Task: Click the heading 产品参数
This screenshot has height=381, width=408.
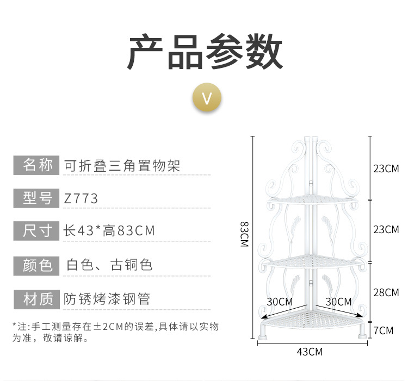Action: [x=205, y=53]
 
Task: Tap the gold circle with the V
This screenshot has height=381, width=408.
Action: [x=207, y=98]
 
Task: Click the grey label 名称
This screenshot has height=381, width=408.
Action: [x=36, y=165]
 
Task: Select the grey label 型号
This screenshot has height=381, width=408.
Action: [x=36, y=198]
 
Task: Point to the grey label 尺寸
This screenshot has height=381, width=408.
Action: [x=36, y=231]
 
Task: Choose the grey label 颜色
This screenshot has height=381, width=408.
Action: [x=36, y=265]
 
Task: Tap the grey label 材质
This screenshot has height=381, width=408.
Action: [x=36, y=298]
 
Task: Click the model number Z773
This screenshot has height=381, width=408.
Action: [x=81, y=199]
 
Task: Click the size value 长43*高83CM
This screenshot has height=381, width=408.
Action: [x=109, y=231]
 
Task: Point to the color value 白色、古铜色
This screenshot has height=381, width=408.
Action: [x=109, y=265]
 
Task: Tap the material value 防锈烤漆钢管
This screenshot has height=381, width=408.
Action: [x=107, y=298]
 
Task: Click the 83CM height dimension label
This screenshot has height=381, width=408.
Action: [x=244, y=234]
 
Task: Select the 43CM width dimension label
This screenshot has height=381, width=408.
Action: [x=310, y=352]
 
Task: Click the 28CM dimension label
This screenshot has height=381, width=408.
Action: [x=386, y=293]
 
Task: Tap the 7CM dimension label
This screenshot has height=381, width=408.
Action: [x=383, y=330]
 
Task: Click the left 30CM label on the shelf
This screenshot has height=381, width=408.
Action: [x=280, y=302]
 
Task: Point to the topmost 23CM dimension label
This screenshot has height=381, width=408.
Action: [x=386, y=168]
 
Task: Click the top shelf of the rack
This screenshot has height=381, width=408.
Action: [x=312, y=201]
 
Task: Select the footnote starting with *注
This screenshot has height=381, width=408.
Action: [x=115, y=332]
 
